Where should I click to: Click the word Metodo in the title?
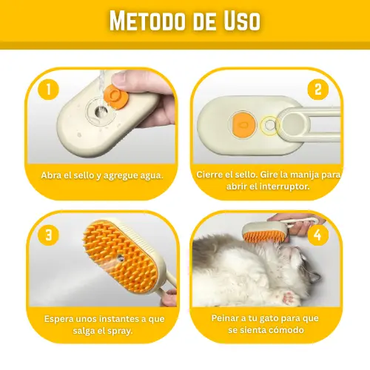coord(147,21)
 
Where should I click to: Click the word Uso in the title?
coord(242,21)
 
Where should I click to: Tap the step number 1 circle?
coord(48,90)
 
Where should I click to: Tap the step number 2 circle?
coord(318,90)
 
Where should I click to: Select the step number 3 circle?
coord(48,235)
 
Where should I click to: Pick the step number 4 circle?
coord(317,235)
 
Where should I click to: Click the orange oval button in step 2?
coord(243,125)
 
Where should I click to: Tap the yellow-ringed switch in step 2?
coord(269,125)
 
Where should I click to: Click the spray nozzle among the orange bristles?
coord(121,258)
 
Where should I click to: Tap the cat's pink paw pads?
coord(288,297)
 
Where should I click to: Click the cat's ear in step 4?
coord(315,277)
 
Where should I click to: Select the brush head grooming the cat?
coord(266,232)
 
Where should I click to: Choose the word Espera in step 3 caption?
coord(58,320)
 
